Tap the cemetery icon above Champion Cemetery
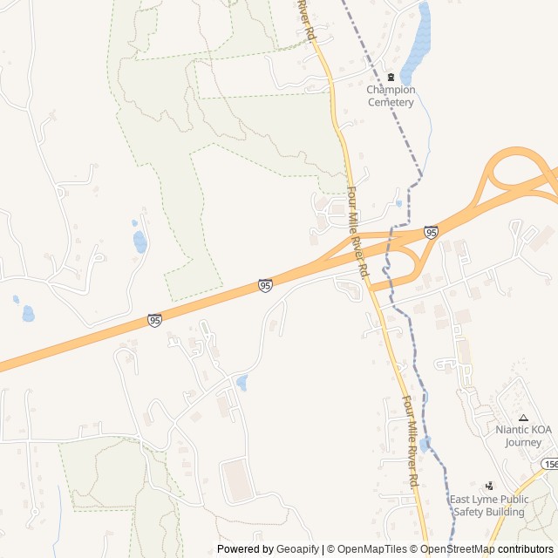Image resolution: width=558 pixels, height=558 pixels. pos(391,77)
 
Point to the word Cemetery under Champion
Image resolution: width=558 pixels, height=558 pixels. pos(391,102)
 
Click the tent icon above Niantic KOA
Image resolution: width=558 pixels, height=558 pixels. pos(523,418)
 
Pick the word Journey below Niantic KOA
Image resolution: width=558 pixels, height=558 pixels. pos(523,442)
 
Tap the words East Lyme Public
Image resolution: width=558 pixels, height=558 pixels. pos(489,500)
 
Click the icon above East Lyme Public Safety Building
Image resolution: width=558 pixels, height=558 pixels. pos(489,485)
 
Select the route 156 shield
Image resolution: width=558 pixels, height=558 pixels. pos(549,465)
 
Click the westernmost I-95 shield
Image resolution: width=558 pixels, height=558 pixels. pos(154,321)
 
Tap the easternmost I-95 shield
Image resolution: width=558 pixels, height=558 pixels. pos(431,232)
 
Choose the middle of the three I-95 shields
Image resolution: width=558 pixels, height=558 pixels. pos(265,285)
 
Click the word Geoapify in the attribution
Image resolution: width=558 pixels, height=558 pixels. pos(298,549)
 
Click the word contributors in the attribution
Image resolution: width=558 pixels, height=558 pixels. pos(526,549)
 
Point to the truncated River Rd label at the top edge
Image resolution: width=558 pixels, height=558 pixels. pos(305,17)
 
